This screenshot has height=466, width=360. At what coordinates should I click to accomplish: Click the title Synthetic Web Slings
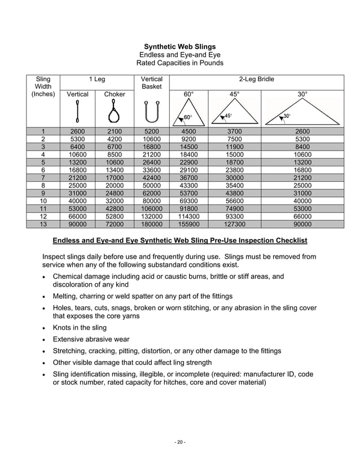coord(179,46)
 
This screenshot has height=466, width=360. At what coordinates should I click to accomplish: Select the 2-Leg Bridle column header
coord(256,80)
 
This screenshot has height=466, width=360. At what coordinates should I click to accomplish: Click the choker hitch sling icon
coord(115,112)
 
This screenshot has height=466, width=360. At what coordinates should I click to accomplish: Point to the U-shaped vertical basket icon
coord(152,112)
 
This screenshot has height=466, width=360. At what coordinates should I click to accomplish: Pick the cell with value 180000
coord(152,224)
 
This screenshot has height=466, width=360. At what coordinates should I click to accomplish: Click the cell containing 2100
coord(115,131)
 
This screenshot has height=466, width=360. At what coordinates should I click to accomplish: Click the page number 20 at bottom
coord(179,442)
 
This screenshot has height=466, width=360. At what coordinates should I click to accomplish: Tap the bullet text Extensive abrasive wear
coord(91,339)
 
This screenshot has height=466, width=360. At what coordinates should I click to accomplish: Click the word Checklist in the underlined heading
coord(290,241)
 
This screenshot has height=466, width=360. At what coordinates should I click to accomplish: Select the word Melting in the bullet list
coord(66,296)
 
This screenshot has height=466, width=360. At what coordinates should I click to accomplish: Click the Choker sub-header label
coord(115,94)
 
